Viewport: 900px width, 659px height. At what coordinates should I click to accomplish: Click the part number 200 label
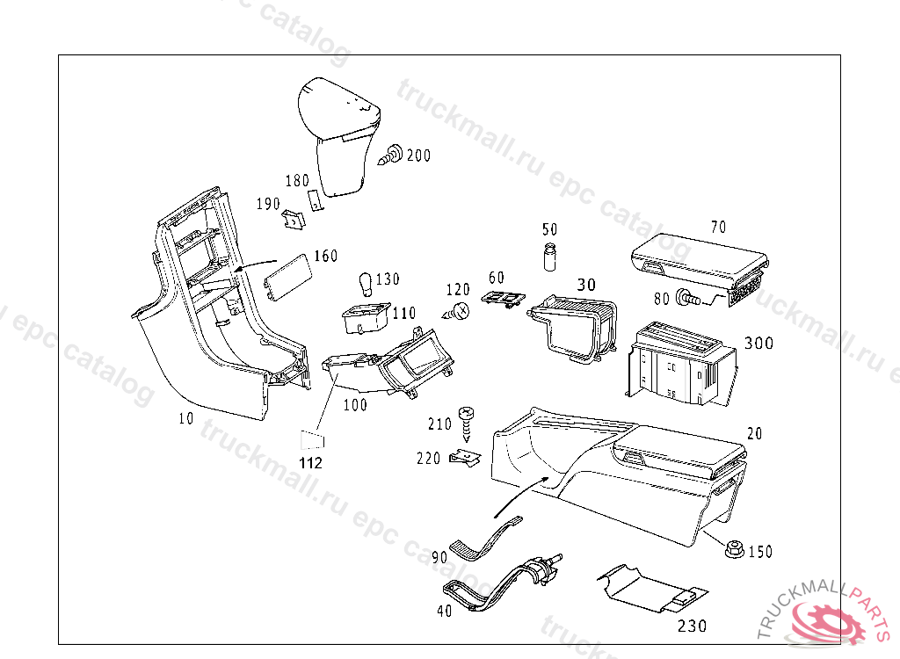[x=418, y=156]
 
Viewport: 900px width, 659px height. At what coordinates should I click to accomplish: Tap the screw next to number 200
[x=392, y=156]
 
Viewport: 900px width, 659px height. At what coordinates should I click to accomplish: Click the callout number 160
[x=325, y=257]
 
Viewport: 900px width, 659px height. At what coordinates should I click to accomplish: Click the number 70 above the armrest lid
[x=718, y=227]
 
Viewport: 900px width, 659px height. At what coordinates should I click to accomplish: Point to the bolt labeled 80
[x=687, y=300]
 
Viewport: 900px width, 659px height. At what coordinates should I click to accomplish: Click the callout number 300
[x=759, y=344]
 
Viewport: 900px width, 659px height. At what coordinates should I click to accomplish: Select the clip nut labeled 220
[x=465, y=459]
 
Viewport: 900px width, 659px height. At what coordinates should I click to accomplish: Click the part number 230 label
[x=692, y=626]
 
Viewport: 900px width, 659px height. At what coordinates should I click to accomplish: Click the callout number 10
[x=185, y=419]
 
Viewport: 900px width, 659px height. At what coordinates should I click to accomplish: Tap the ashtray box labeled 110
[x=365, y=318]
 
